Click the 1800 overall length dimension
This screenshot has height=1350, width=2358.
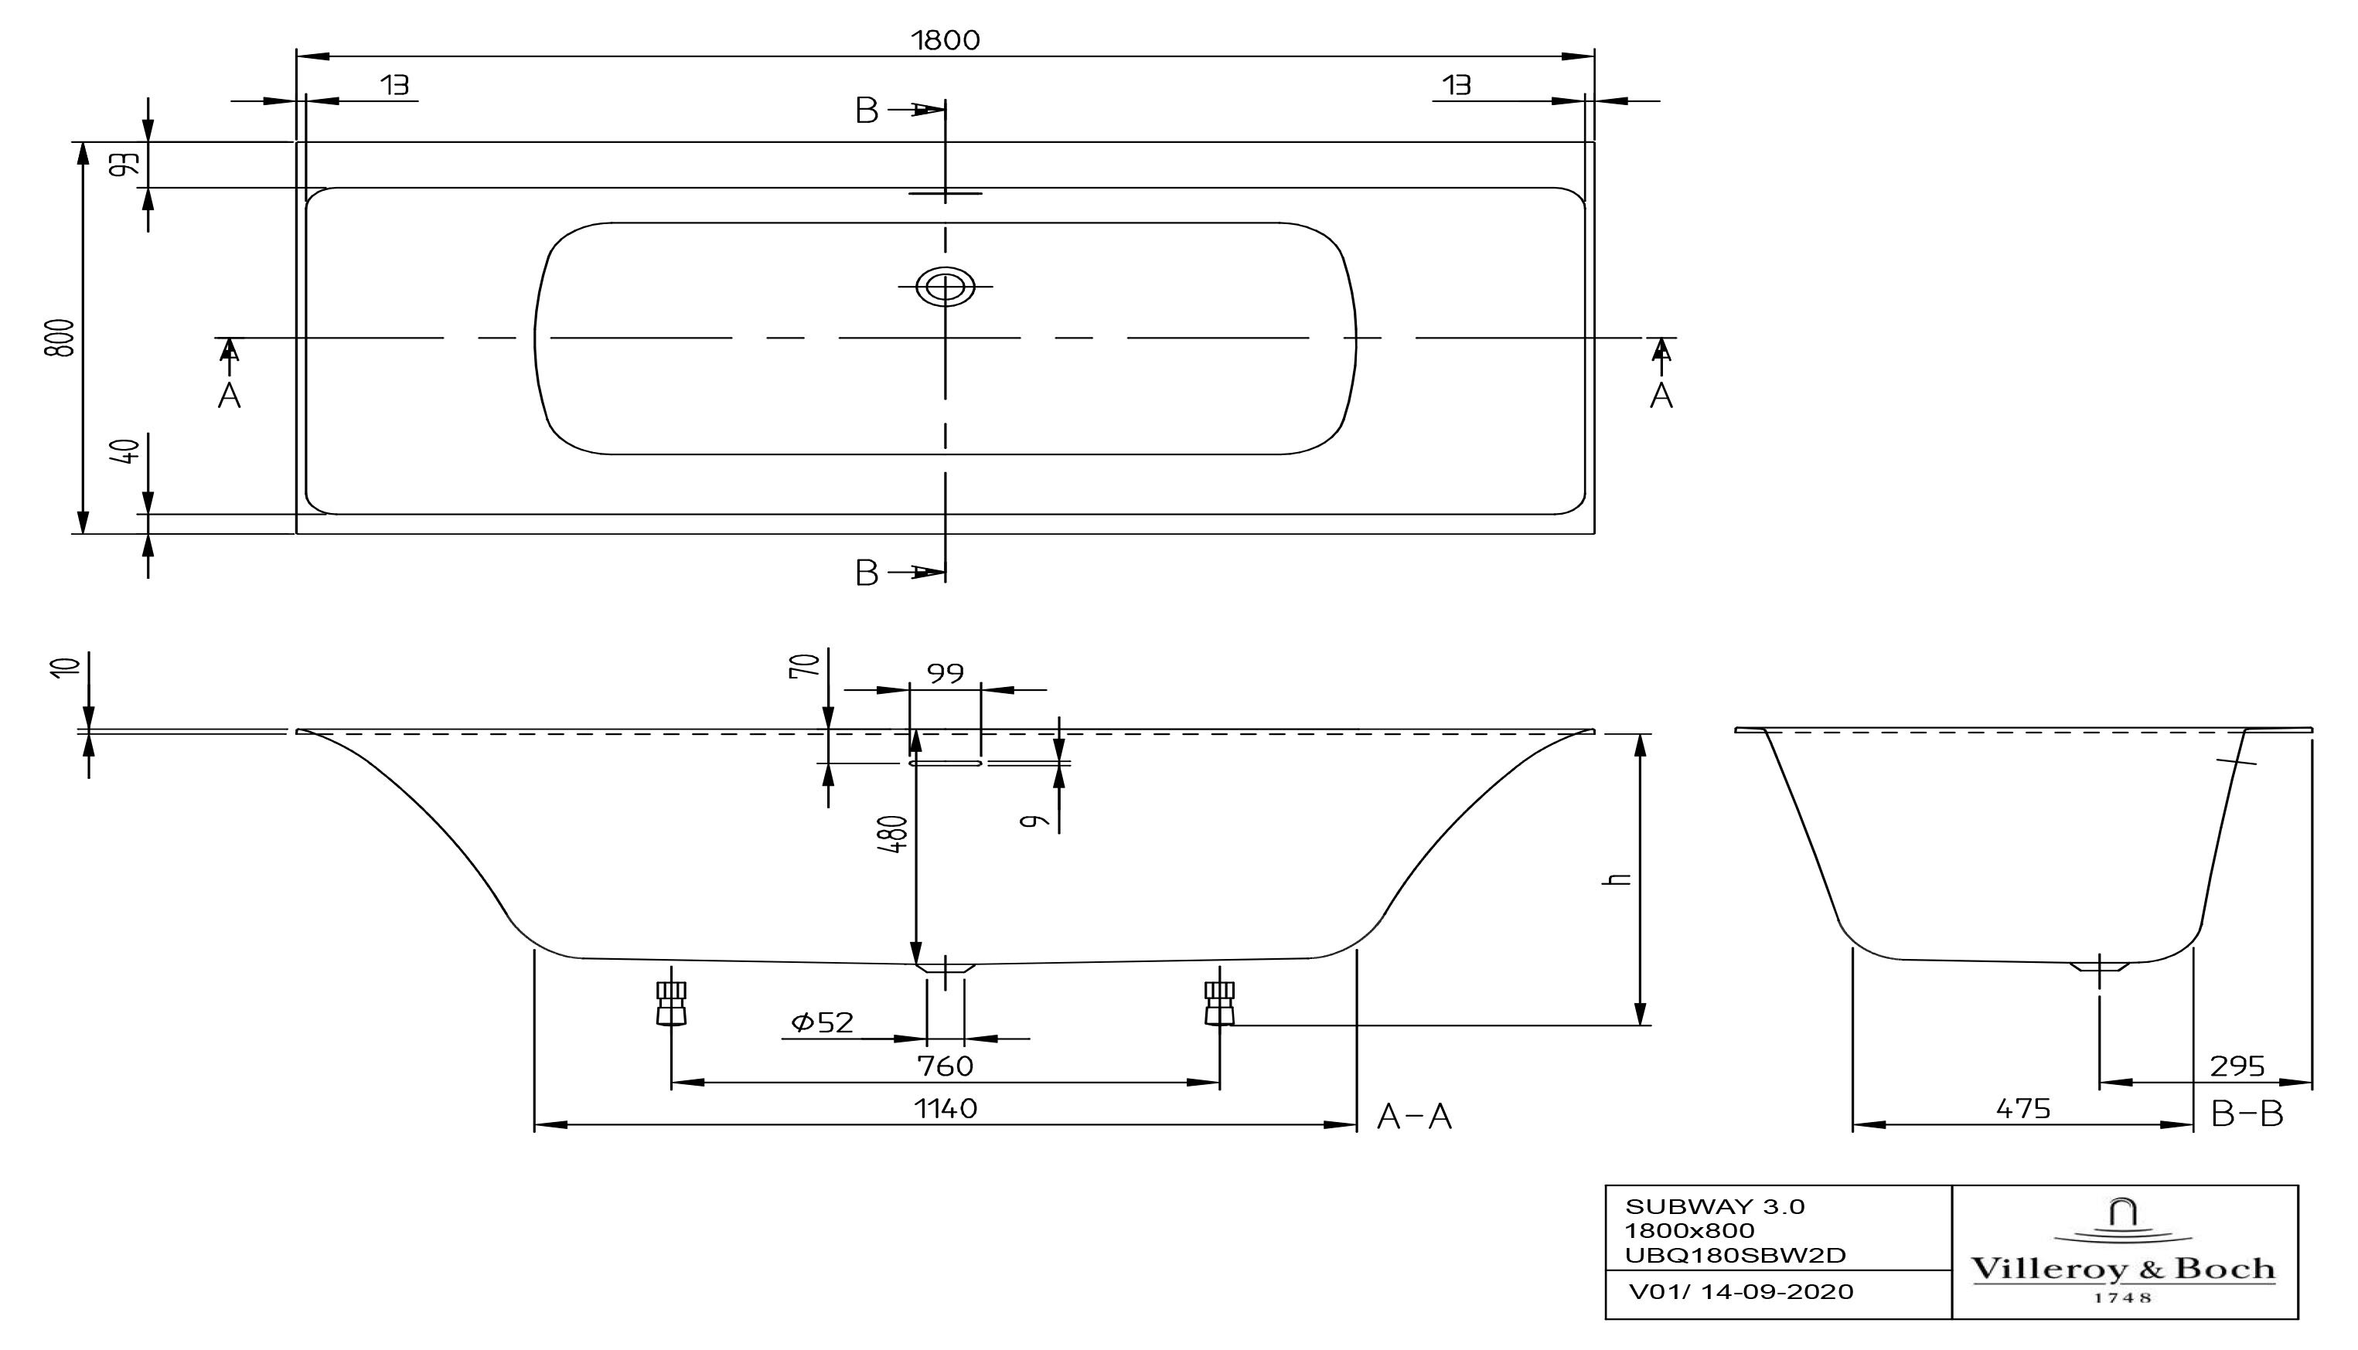(946, 40)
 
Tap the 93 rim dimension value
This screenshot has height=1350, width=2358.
(127, 163)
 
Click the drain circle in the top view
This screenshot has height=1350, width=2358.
(946, 287)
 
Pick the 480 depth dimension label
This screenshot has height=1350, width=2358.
(895, 834)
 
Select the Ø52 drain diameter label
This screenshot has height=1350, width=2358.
(822, 1022)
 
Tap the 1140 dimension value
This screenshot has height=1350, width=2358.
(946, 1108)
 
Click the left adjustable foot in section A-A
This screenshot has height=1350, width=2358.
(670, 1003)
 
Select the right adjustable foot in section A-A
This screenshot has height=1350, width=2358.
(1219, 1003)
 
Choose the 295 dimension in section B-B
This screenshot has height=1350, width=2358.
(2237, 1066)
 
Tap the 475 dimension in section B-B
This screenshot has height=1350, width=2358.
(2022, 1108)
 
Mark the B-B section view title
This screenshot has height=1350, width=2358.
(2246, 1114)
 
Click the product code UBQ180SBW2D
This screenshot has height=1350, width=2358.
(1735, 1256)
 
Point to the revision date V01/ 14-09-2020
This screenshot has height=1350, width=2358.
(1741, 1291)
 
